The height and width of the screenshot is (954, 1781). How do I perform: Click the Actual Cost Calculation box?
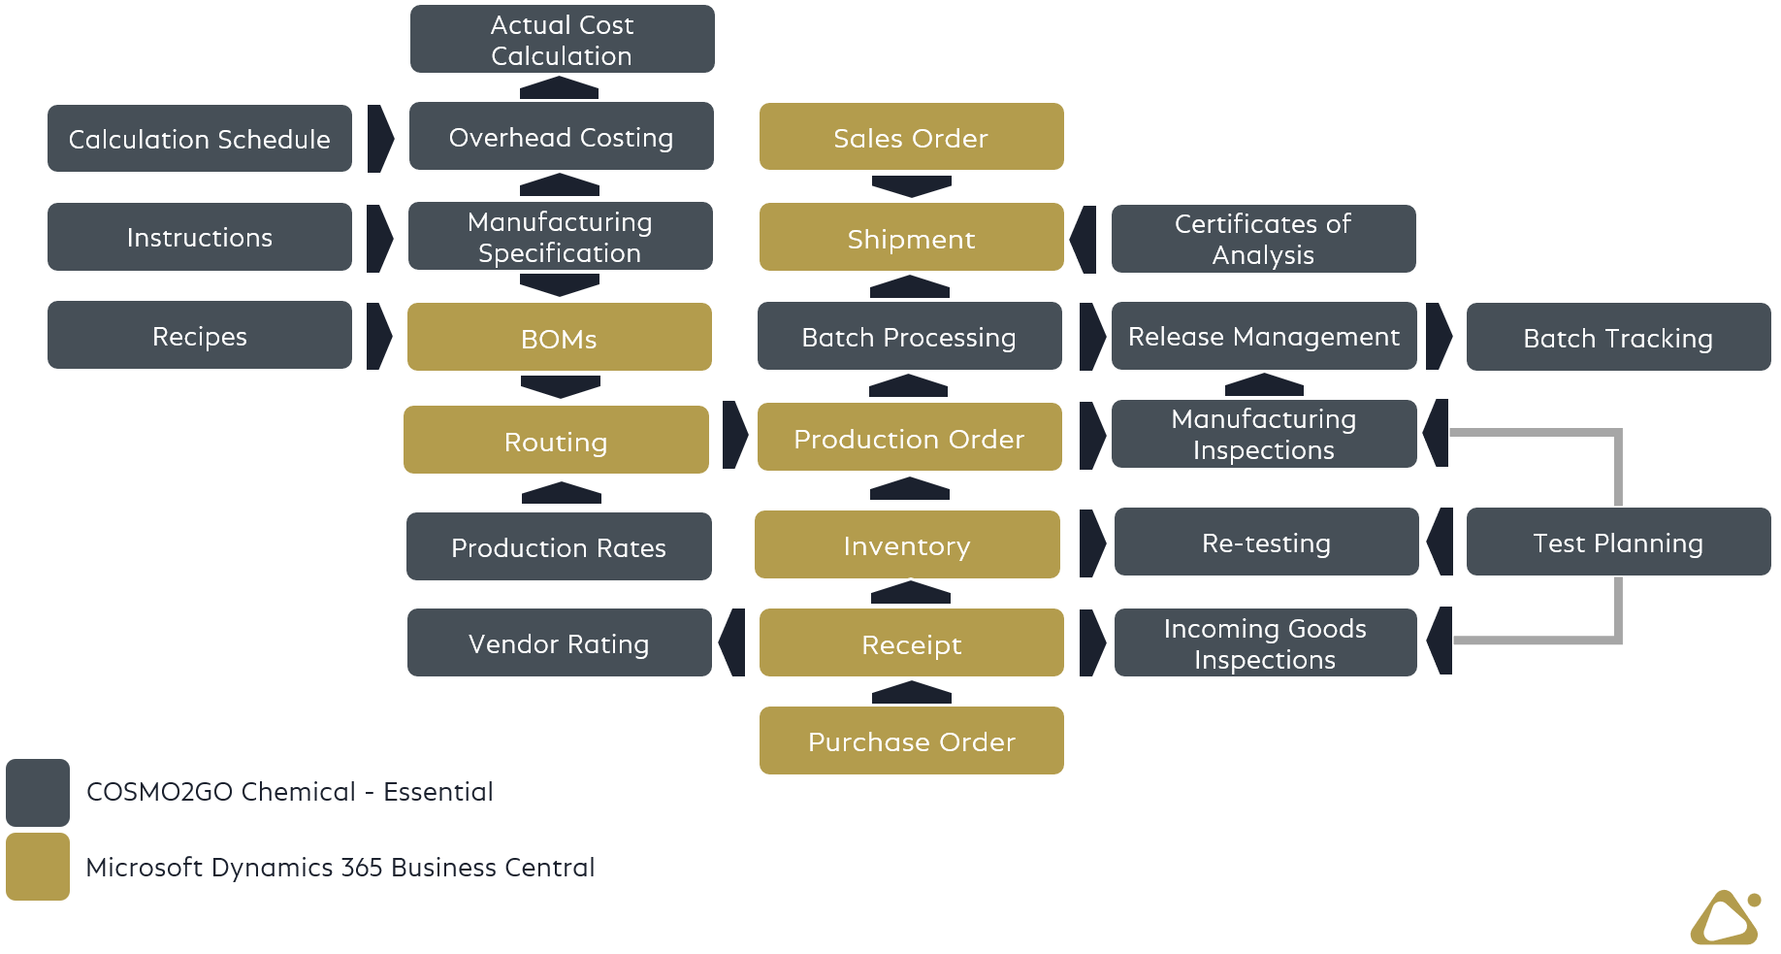tap(562, 39)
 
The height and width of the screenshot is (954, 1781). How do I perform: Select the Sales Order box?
tap(911, 137)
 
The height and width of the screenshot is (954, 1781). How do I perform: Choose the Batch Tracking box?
tap(1617, 337)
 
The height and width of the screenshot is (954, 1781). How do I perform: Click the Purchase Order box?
tap(911, 740)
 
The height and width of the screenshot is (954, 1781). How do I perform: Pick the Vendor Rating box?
tap(559, 642)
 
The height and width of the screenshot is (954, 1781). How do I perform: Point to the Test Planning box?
tap(1617, 542)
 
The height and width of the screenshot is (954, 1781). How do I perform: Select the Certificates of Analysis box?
tap(1263, 239)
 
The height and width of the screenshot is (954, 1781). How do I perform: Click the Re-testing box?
tap(1266, 542)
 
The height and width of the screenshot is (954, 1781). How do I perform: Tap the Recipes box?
tap(199, 335)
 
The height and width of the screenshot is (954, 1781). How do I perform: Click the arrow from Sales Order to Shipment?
tap(911, 185)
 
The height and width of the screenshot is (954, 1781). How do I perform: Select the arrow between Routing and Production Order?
tap(735, 436)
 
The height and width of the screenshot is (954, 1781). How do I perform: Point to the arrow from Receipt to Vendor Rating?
tap(733, 642)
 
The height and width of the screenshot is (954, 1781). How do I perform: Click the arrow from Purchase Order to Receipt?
tap(911, 692)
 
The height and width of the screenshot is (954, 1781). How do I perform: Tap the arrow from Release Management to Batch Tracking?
tap(1440, 336)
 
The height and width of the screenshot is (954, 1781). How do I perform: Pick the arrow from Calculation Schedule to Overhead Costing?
tap(380, 139)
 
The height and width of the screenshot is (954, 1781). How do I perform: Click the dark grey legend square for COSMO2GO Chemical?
tap(38, 792)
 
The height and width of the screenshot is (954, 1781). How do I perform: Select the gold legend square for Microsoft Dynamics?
tap(38, 867)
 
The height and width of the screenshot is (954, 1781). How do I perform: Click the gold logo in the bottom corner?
tap(1726, 918)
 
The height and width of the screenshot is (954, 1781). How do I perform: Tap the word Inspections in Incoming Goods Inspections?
tap(1264, 660)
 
